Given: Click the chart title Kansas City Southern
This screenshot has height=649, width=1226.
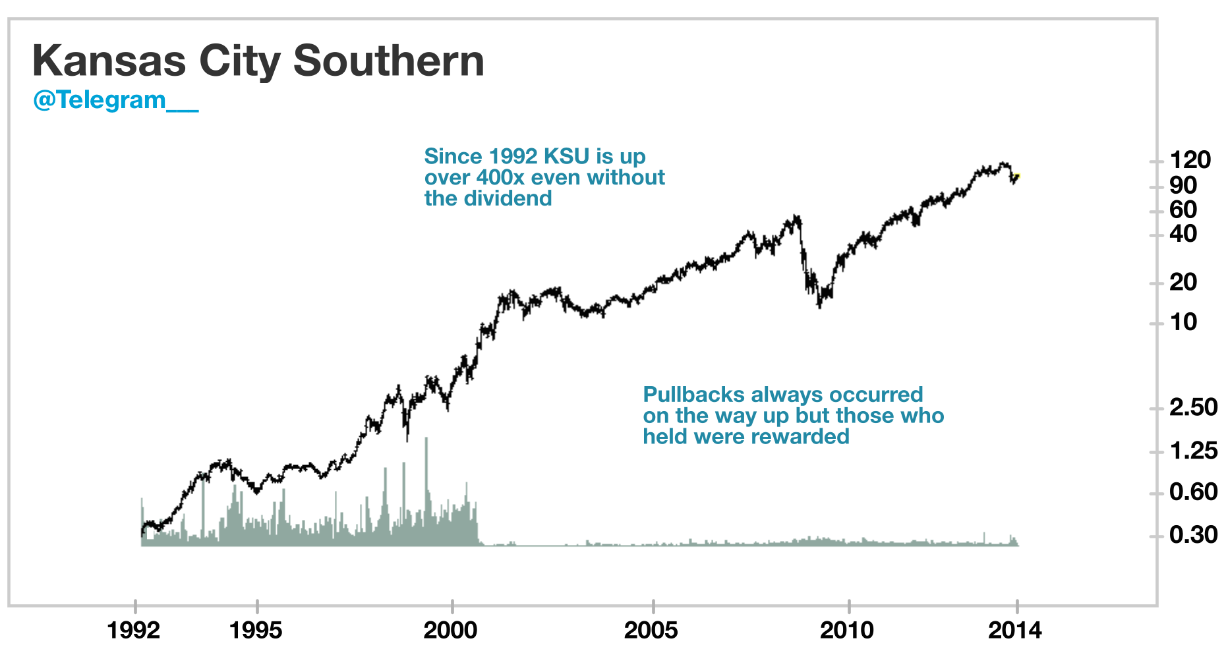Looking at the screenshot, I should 258,61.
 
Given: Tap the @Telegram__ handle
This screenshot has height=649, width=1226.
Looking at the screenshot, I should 115,100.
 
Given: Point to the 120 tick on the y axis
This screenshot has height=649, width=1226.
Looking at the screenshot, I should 1190,160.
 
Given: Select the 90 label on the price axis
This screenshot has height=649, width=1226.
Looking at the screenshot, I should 1183,186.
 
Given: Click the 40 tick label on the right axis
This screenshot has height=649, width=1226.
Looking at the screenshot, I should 1183,234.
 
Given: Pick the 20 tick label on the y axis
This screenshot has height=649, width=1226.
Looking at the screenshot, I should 1183,282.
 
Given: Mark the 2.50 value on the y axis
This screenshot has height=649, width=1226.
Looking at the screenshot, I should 1193,407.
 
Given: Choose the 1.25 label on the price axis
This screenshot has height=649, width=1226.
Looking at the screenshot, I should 1193,451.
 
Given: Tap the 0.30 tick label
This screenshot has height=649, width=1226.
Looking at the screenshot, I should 1193,534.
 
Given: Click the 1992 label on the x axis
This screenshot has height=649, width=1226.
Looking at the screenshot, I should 134,631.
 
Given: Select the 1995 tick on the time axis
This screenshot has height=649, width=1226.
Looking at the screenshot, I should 256,631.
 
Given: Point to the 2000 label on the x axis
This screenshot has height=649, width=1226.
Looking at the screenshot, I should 451,631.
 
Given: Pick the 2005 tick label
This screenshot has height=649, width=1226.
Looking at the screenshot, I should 651,631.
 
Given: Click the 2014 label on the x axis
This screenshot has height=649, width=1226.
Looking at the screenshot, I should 1015,631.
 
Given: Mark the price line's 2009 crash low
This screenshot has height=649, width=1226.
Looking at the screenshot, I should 819,306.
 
